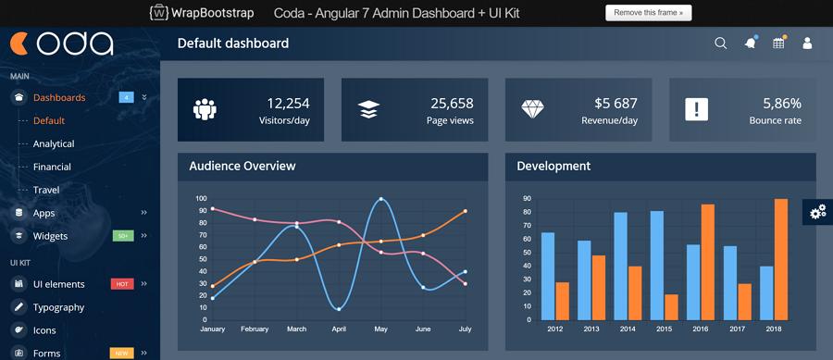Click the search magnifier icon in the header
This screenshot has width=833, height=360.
(721, 43)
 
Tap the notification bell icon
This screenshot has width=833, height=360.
(750, 43)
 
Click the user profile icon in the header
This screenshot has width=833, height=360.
(807, 43)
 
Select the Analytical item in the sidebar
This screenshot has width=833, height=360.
(54, 143)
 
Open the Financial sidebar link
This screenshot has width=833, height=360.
(52, 167)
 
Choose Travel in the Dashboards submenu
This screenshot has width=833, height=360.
(46, 190)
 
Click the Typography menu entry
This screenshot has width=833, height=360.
(58, 307)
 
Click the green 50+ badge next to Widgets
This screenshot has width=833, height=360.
(123, 236)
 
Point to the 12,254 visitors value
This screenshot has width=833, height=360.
(288, 104)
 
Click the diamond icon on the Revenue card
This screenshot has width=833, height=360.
(533, 109)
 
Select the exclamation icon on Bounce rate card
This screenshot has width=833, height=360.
(696, 109)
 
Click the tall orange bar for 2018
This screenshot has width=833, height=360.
(780, 259)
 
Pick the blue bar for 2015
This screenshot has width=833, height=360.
(656, 265)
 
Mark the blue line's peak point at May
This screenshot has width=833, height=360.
(380, 198)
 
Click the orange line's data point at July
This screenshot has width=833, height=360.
(465, 211)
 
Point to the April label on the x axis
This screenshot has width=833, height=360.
(339, 329)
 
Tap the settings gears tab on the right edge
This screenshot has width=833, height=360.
(818, 212)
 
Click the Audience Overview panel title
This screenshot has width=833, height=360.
(242, 167)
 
